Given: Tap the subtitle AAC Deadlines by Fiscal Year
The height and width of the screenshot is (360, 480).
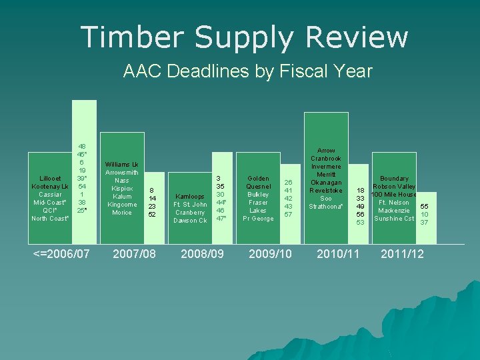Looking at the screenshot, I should click(x=247, y=71).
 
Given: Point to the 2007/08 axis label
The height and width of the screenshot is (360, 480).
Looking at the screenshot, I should click(x=135, y=254).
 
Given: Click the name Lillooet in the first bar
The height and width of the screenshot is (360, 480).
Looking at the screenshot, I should click(x=50, y=179).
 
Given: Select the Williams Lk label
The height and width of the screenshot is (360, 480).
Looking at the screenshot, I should click(x=121, y=164).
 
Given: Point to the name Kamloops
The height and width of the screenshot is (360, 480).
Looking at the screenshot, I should click(x=190, y=197).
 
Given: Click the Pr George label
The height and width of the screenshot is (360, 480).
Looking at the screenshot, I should click(x=258, y=219).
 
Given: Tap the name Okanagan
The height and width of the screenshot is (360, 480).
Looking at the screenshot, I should click(x=326, y=183).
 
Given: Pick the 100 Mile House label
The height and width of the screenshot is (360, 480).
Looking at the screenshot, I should click(x=394, y=195).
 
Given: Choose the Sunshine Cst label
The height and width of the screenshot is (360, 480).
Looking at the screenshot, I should click(x=394, y=219).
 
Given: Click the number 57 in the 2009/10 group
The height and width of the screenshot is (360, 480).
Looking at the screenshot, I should click(x=288, y=215).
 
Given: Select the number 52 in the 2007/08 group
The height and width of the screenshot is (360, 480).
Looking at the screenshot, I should click(x=152, y=215).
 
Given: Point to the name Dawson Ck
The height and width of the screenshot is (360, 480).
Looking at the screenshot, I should click(x=190, y=221).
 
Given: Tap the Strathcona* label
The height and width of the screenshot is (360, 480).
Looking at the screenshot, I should click(x=326, y=207).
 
